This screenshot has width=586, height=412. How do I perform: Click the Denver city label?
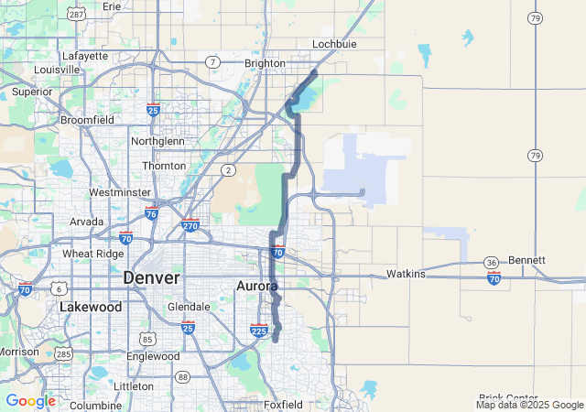[151, 277]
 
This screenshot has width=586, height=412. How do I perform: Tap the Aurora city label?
[257, 287]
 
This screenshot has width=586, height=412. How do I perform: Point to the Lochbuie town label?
[333, 43]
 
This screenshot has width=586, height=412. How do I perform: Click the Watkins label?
[406, 274]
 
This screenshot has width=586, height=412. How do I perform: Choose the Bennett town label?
[526, 260]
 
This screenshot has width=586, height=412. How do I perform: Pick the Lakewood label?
[91, 308]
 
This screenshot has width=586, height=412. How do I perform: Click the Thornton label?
[164, 166]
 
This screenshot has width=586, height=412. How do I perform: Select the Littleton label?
[134, 386]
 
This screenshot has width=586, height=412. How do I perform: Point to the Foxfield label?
[282, 404]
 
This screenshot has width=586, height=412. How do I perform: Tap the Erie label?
[112, 6]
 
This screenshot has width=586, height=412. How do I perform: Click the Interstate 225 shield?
[258, 331]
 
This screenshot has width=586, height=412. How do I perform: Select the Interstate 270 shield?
[190, 225]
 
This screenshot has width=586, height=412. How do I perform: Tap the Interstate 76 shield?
[151, 213]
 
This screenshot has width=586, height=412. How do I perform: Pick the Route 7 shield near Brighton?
[212, 61]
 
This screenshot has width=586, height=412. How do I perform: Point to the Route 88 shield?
[182, 376]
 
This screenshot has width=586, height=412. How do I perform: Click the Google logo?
[30, 401]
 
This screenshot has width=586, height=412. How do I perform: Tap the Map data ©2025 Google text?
[528, 405]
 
